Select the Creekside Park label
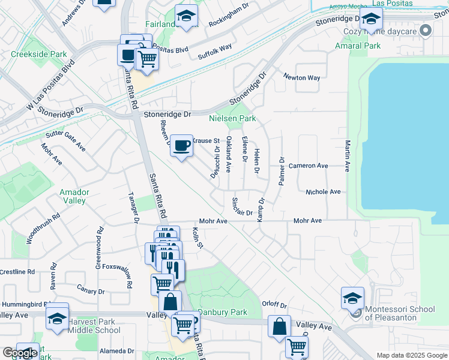(x=39, y=54)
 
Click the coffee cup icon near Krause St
(x=182, y=145)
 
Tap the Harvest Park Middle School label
(x=94, y=326)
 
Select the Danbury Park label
(x=223, y=313)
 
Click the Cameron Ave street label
(x=308, y=166)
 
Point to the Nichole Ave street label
(x=323, y=192)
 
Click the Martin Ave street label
(x=348, y=155)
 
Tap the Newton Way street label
(x=302, y=78)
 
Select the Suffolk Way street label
(x=215, y=47)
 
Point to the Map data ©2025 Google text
(x=411, y=355)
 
